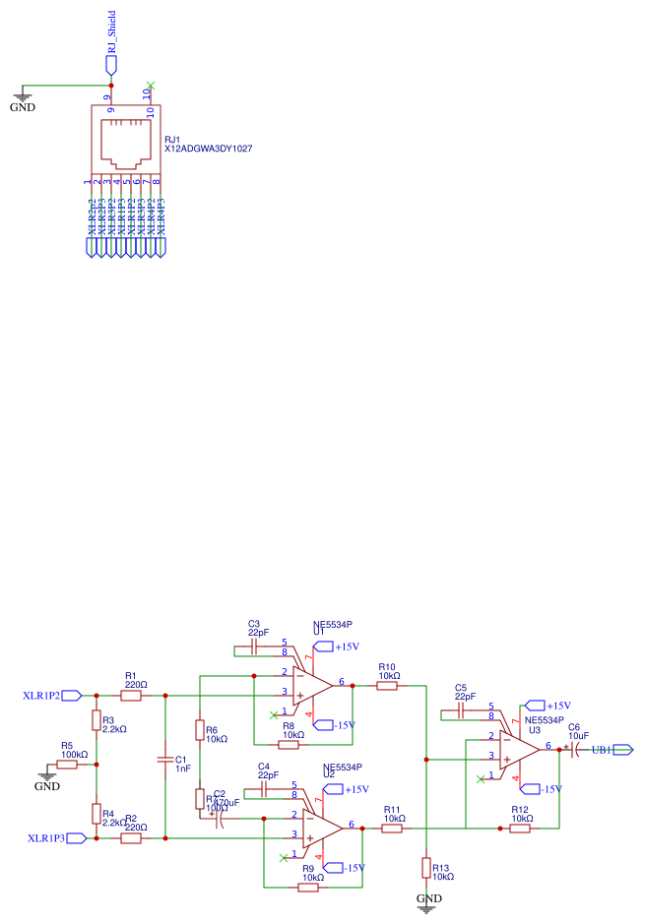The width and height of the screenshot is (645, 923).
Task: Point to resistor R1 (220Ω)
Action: click(x=133, y=696)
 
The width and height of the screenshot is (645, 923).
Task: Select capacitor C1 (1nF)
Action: click(x=165, y=760)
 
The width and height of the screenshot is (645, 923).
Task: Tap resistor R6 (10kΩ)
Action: click(x=199, y=731)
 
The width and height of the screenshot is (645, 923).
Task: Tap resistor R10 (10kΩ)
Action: click(x=387, y=685)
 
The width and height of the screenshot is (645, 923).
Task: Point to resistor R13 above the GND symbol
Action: click(x=425, y=867)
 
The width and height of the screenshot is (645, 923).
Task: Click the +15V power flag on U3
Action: click(x=537, y=706)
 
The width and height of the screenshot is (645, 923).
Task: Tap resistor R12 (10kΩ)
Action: click(x=519, y=829)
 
